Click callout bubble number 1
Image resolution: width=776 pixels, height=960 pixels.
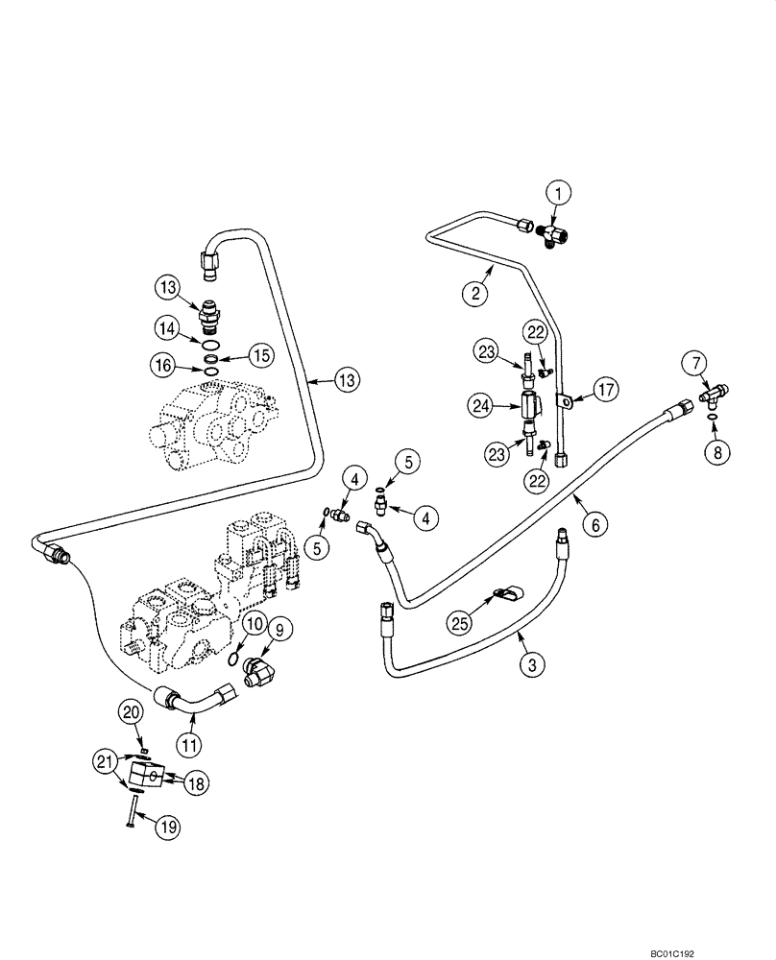[561, 193]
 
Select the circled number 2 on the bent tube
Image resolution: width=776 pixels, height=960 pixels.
[473, 294]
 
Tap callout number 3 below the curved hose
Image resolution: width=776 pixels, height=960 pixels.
[528, 662]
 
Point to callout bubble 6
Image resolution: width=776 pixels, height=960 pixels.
[595, 524]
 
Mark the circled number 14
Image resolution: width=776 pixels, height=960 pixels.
[168, 326]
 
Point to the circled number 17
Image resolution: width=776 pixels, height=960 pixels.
[605, 392]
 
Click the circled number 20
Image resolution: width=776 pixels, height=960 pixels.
[131, 710]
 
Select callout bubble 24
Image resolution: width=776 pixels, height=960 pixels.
[480, 406]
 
